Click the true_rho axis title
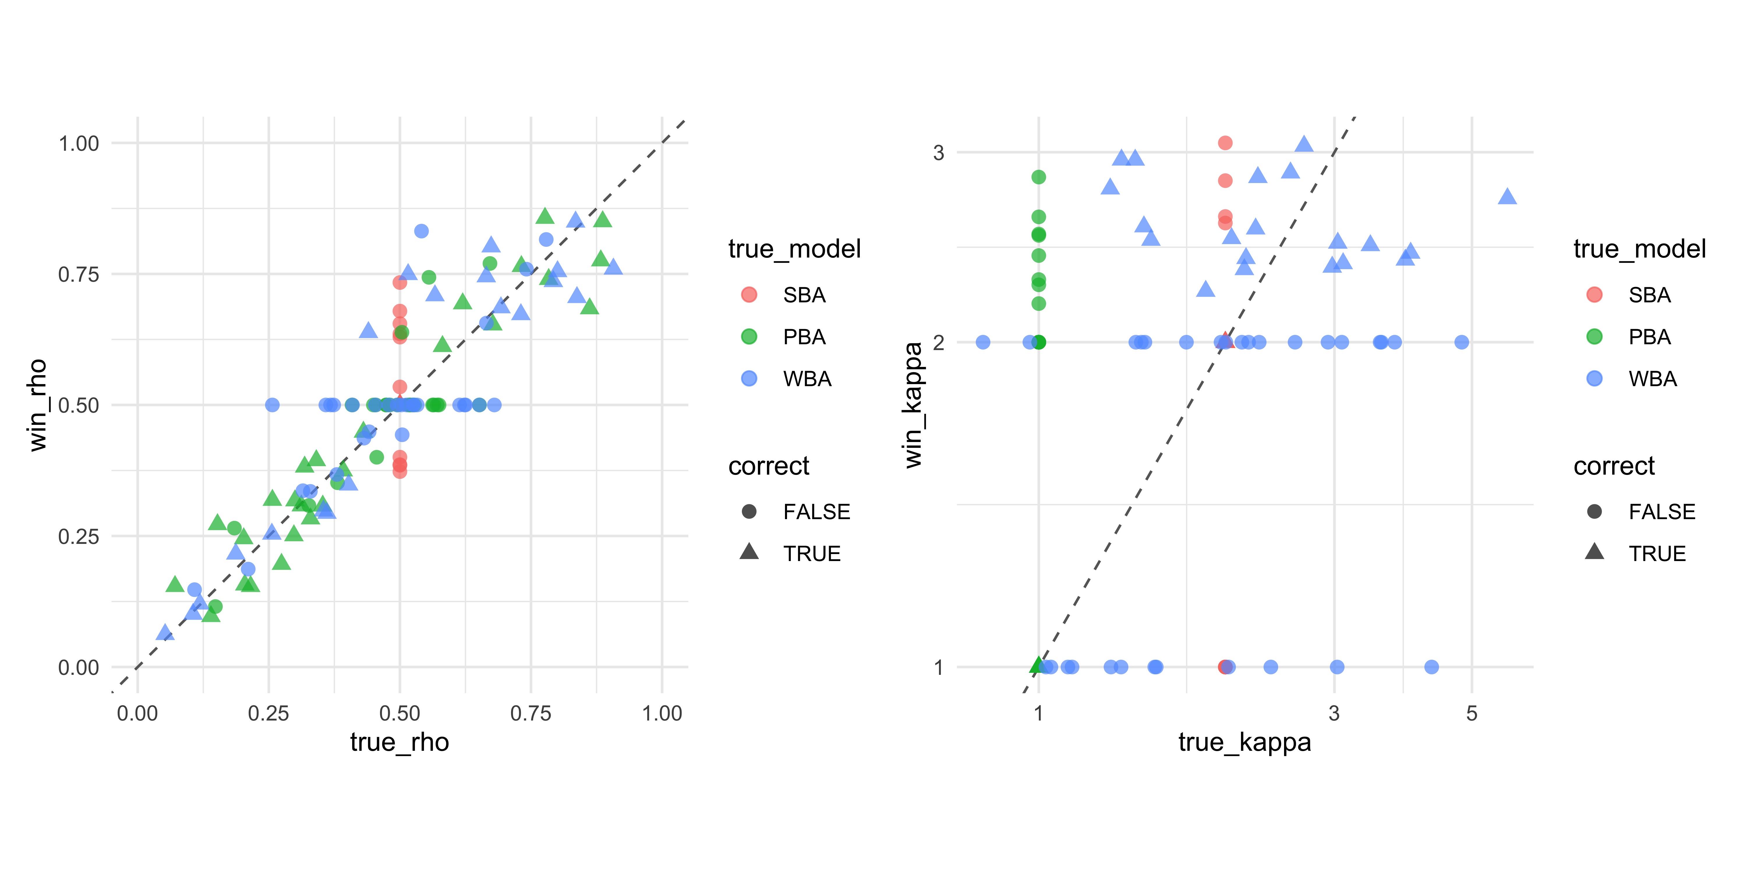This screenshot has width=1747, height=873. [399, 742]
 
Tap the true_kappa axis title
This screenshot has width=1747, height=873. [1244, 742]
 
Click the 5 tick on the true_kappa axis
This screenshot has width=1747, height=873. [1471, 713]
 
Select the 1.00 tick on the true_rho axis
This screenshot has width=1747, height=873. [662, 713]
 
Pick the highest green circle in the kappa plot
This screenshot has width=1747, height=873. [1038, 177]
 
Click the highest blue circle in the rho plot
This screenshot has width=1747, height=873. [421, 231]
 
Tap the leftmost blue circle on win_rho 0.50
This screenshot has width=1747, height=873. [272, 405]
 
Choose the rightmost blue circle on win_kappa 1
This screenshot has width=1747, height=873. [1431, 667]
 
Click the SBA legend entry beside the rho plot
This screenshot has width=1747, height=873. [804, 295]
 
